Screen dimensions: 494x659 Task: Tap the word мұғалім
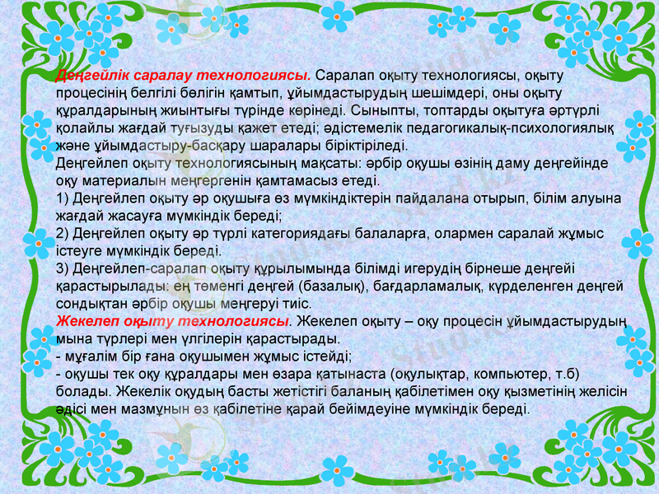[93, 357]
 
